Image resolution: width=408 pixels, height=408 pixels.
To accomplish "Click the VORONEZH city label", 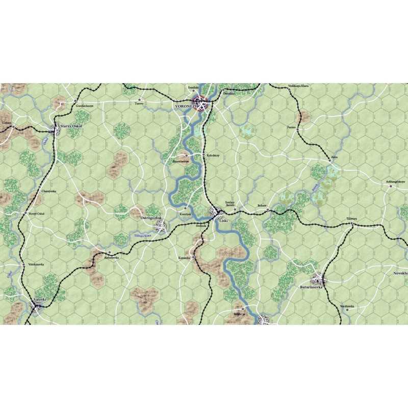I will [184, 108].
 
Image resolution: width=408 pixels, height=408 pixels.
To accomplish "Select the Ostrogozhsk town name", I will [150, 218].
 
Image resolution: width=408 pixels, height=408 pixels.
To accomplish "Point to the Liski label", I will [222, 220].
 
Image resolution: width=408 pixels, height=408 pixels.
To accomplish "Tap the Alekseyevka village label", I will [111, 258].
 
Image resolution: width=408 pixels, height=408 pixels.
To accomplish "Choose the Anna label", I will [334, 157].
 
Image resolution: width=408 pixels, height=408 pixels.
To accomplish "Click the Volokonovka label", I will [36, 264].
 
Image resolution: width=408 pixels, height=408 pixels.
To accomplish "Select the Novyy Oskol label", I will [35, 214].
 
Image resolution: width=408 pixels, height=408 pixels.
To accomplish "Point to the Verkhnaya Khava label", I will [299, 86].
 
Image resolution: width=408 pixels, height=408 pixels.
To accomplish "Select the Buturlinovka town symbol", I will [320, 279].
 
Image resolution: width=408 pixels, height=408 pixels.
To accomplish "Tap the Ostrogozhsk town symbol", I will [160, 225].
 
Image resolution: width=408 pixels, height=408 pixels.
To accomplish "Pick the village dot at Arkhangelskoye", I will [391, 186].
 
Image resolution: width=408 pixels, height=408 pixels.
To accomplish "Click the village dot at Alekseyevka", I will [109, 252].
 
